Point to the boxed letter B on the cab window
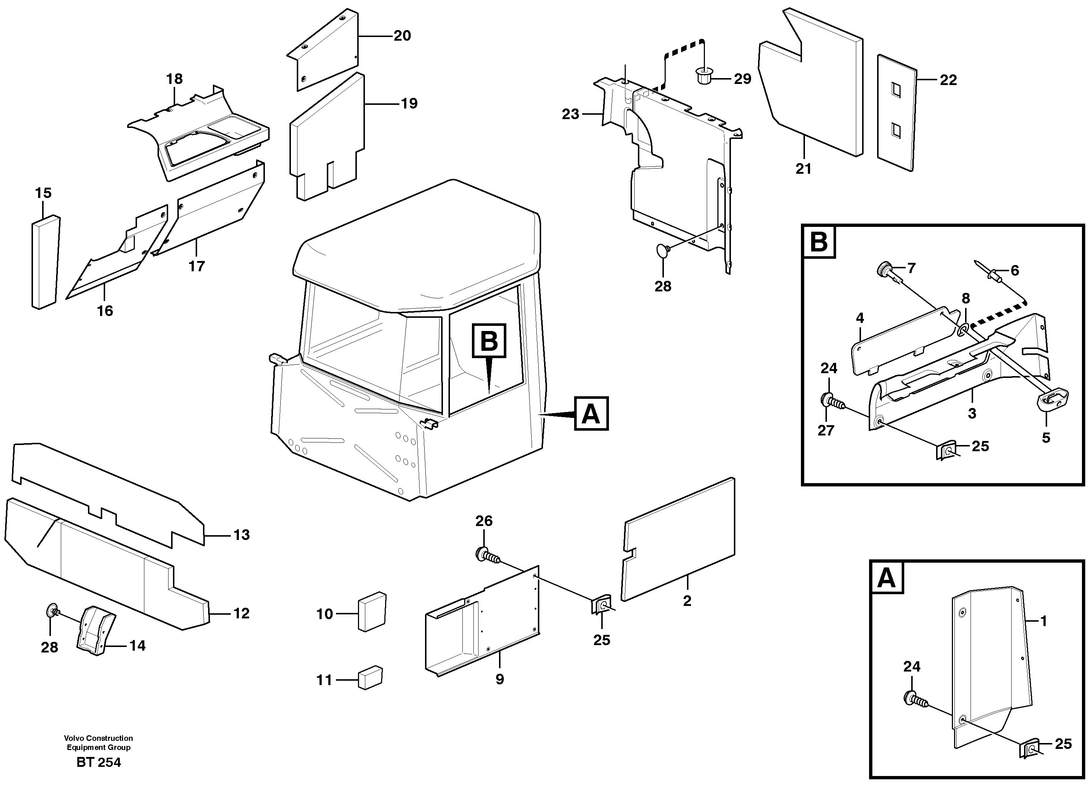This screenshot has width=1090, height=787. [x=489, y=341]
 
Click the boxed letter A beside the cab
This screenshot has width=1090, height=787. [x=591, y=413]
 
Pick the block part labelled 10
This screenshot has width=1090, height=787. [x=372, y=611]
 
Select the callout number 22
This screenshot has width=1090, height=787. [x=948, y=80]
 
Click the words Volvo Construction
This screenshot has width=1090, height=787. [x=99, y=738]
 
